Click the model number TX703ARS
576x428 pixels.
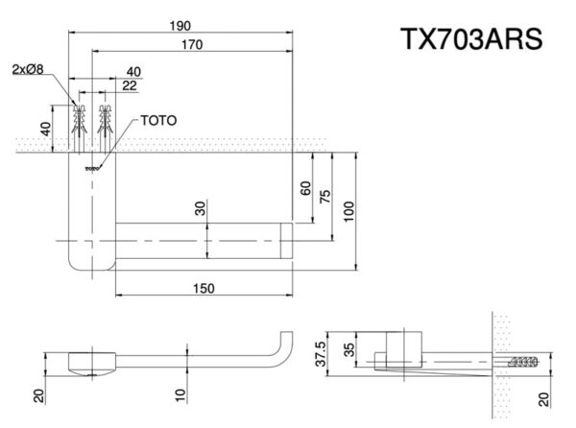[471, 40]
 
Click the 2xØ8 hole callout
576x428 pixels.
[28, 69]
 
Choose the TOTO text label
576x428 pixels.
[157, 121]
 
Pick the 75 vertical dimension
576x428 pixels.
[326, 196]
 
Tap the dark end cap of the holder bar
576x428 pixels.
[285, 239]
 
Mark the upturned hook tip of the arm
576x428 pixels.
[284, 336]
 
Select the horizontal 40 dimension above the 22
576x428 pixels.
[132, 72]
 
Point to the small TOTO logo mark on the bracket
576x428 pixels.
[93, 169]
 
